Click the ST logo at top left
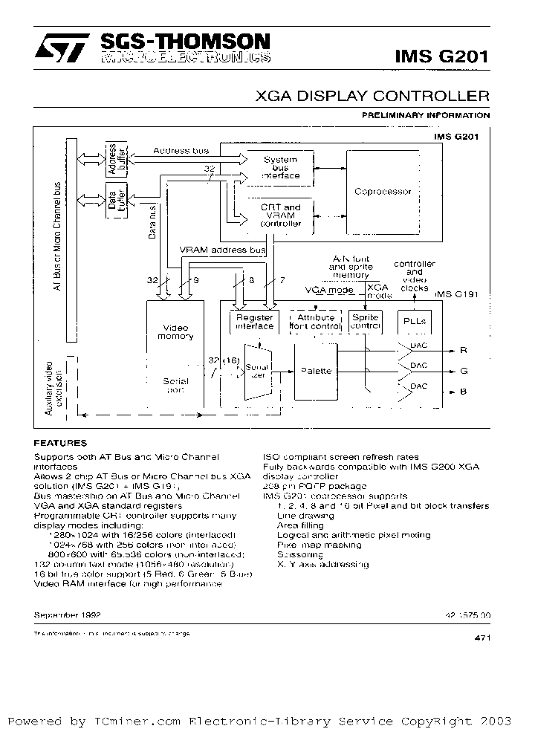tap(59, 48)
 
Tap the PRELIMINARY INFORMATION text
tap(425, 115)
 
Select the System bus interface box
tap(280, 168)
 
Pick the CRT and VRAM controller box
tap(280, 215)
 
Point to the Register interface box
tap(254, 322)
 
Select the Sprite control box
tap(365, 322)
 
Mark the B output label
tap(464, 391)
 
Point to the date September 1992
tap(67, 615)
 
